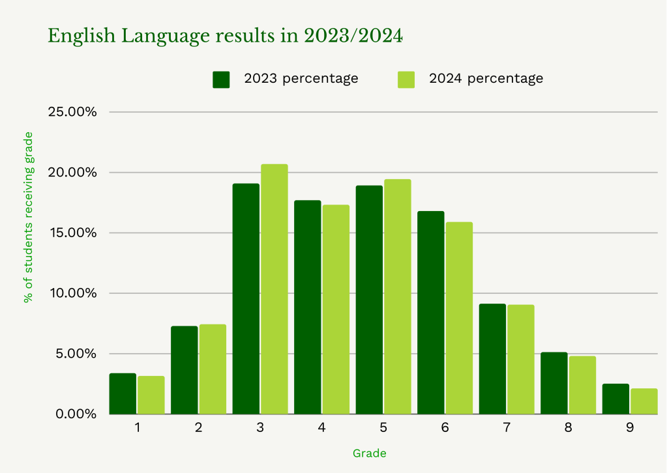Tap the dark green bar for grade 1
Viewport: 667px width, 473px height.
123,394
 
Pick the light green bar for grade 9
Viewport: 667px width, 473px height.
644,401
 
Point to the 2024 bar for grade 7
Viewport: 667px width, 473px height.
520,359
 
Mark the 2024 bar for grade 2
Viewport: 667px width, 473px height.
213,369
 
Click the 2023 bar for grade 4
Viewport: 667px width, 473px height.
308,307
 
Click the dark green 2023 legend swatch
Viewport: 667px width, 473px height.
222,79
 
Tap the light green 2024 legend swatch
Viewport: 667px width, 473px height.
406,79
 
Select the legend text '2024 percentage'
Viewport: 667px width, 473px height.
486,79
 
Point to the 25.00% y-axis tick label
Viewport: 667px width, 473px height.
72,112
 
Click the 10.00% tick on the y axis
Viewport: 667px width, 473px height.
72,293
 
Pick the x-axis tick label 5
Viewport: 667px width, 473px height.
383,428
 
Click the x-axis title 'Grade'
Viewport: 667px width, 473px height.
369,453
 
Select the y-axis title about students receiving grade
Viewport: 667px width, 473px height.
28,217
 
